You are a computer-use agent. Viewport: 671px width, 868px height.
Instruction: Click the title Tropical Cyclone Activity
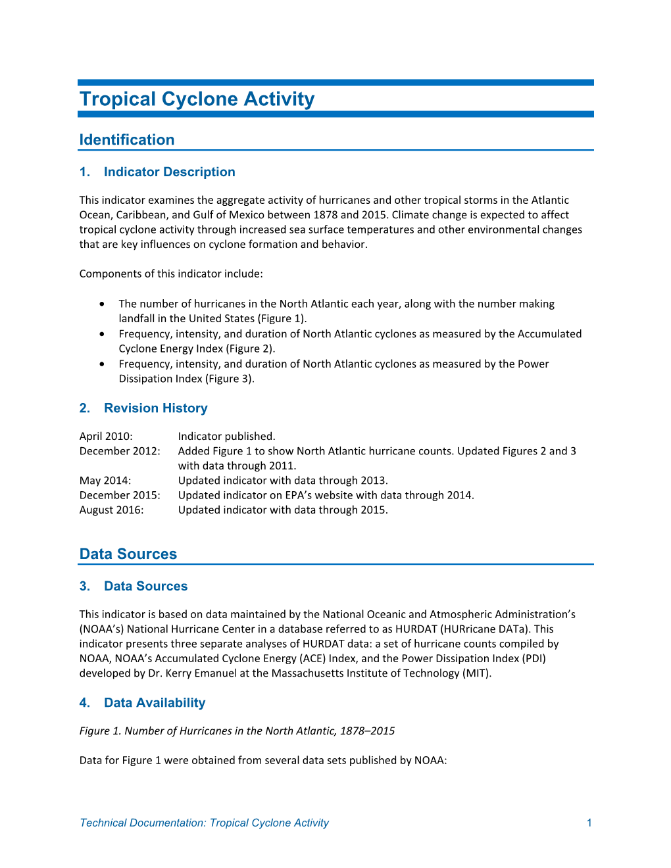197,99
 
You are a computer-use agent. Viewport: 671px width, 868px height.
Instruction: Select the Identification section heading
126,140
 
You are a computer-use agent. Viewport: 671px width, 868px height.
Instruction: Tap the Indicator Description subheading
169,172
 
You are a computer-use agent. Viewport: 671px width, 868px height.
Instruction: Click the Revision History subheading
155,408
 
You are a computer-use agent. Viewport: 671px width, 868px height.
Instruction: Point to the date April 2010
106,437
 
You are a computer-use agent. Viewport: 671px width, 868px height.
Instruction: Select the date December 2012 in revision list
120,451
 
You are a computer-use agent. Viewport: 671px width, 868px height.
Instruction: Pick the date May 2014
105,481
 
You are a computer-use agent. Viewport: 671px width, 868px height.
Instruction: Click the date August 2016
111,510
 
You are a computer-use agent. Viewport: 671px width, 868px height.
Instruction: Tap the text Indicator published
226,437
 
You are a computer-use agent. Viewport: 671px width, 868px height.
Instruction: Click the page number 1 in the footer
589,823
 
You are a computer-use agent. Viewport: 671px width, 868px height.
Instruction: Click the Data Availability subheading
155,703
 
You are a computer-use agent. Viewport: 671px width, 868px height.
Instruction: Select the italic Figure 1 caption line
237,731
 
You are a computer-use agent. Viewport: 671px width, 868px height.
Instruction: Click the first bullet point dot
102,304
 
